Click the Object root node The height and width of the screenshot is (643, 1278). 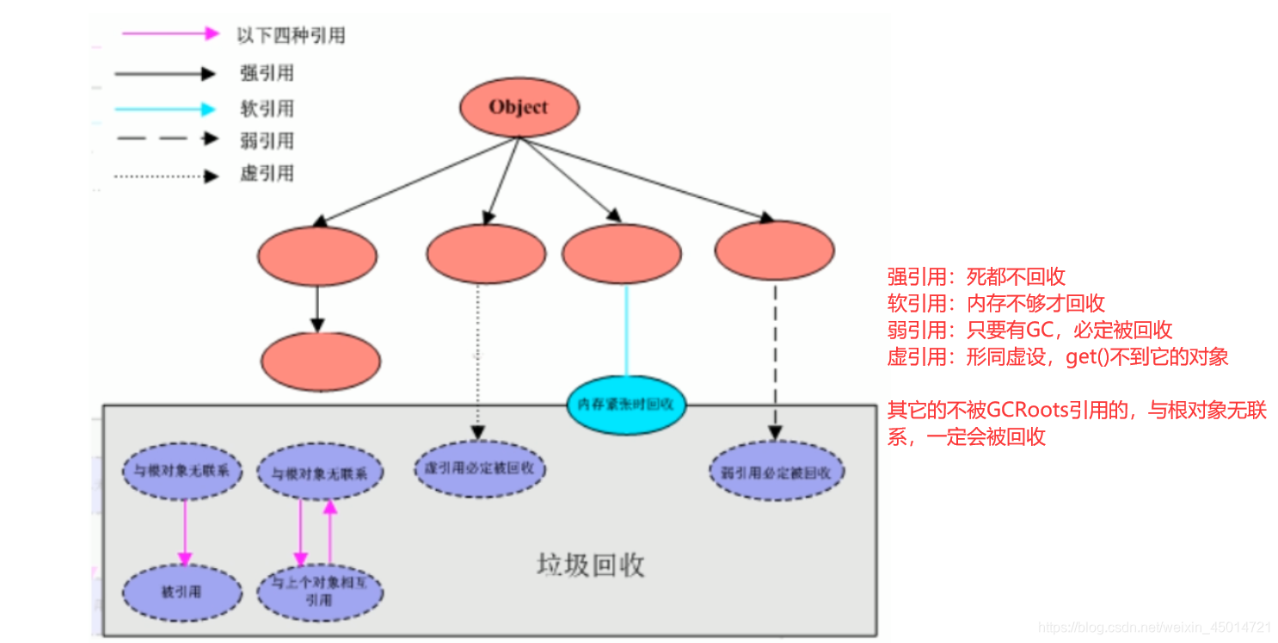[519, 108]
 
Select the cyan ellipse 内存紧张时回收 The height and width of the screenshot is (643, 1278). [626, 404]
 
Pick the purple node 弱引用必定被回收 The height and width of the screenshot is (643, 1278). [777, 473]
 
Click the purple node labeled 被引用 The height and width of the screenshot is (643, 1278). [181, 592]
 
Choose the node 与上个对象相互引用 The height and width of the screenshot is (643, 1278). [320, 592]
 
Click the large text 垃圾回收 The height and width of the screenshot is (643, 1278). [591, 566]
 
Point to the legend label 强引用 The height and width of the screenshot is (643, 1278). [267, 74]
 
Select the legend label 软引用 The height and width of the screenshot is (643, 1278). [267, 108]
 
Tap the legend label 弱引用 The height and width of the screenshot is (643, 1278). [267, 141]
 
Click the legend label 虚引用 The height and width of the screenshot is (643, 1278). [267, 174]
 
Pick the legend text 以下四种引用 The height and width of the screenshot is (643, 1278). [291, 35]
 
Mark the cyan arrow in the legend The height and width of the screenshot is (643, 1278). [163, 109]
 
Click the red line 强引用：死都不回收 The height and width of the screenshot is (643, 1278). [976, 277]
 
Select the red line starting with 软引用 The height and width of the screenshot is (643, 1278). [996, 303]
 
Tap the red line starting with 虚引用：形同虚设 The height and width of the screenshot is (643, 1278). [1058, 356]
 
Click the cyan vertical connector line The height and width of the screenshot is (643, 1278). [626, 331]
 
